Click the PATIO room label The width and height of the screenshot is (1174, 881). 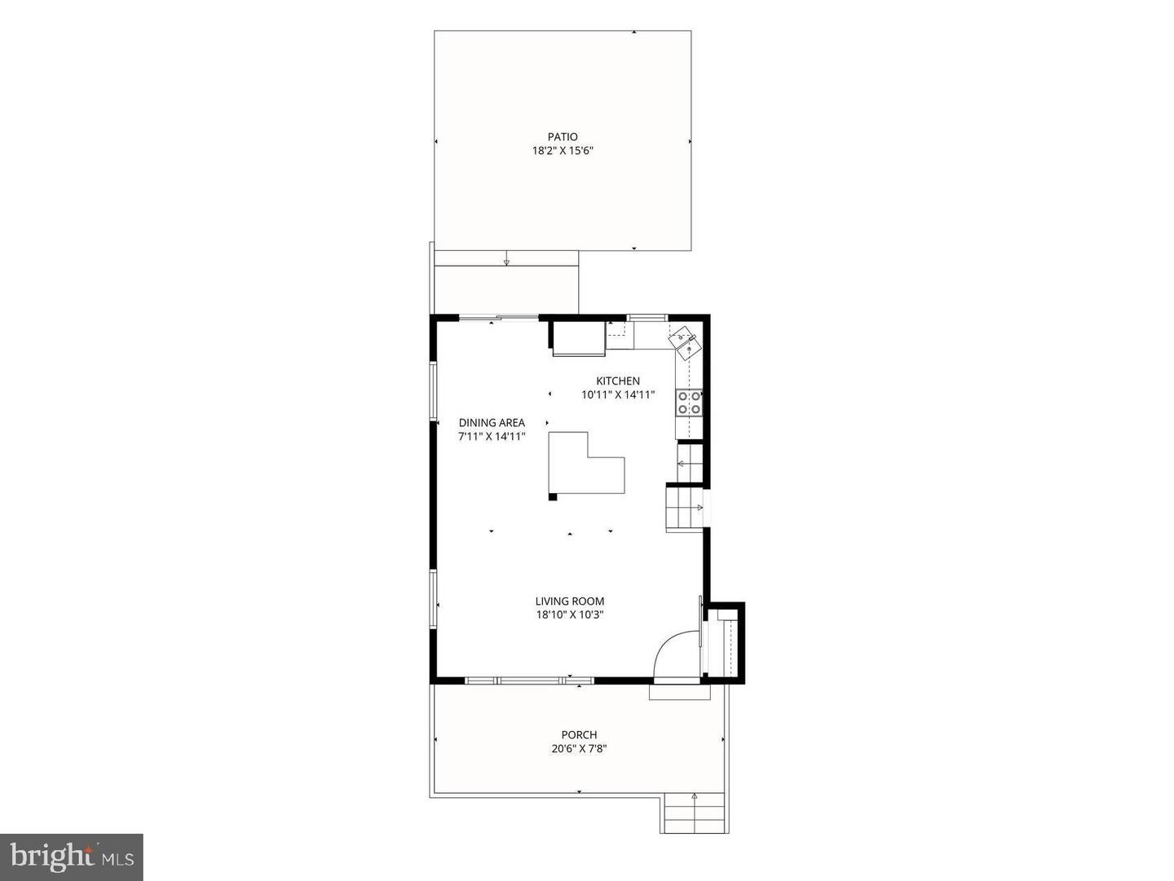[x=562, y=137]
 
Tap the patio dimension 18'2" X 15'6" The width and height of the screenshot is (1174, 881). [x=562, y=151]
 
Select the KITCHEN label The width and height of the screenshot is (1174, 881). [x=618, y=381]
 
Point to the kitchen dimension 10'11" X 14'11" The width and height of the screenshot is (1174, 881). [x=618, y=395]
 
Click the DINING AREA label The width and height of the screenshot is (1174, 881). [x=492, y=423]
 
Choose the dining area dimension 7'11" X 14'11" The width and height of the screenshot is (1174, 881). [x=492, y=437]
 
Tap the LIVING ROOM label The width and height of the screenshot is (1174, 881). [x=570, y=601]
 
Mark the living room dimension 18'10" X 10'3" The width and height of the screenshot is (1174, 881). [x=570, y=615]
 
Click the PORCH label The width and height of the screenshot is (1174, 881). [x=579, y=735]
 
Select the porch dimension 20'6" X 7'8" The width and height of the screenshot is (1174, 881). [x=579, y=749]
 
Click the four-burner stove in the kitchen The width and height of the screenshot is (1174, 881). [x=689, y=403]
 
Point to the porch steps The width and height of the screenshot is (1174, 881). [x=694, y=821]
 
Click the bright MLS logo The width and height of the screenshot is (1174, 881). [x=72, y=857]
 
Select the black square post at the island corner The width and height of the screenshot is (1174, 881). [x=553, y=497]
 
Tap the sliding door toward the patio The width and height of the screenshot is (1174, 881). [x=499, y=319]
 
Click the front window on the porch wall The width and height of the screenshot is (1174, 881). [x=529, y=681]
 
